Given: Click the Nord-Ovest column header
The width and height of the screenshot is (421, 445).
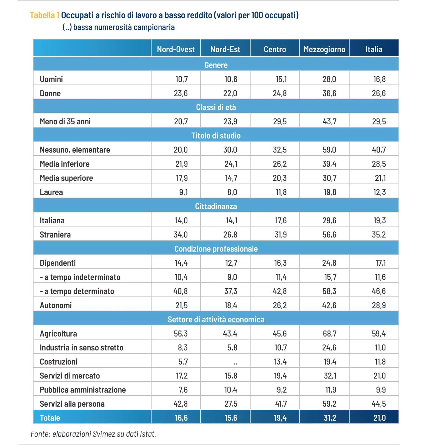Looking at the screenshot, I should click(x=176, y=49).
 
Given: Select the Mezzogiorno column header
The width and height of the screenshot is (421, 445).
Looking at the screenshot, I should click(x=324, y=49).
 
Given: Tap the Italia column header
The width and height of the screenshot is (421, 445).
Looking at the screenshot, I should click(x=374, y=49).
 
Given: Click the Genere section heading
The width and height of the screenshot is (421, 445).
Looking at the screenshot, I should click(x=216, y=65).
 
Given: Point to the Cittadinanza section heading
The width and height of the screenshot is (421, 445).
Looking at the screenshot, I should click(x=216, y=206).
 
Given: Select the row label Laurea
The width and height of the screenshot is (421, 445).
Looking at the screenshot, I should click(x=51, y=192).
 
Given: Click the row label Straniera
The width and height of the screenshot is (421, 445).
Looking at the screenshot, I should click(x=55, y=234).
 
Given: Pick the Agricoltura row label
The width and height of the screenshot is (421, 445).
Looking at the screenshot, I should click(x=58, y=333).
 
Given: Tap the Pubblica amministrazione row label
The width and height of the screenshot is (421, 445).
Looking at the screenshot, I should click(x=83, y=390).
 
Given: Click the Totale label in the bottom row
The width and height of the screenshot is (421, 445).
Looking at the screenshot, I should click(x=50, y=418).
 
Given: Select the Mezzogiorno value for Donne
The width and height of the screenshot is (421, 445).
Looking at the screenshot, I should click(x=329, y=93).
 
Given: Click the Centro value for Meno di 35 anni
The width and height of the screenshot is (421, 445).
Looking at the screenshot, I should click(x=280, y=121).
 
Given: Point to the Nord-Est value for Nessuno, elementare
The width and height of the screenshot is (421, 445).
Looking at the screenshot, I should click(x=230, y=150).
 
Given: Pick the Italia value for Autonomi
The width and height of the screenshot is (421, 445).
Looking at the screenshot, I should click(x=379, y=305).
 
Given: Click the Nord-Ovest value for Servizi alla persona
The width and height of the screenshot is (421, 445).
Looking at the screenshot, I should click(x=181, y=404).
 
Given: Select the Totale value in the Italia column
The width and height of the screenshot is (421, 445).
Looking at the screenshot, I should click(x=379, y=418).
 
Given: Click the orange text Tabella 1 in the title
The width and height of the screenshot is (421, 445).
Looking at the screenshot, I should click(x=44, y=15).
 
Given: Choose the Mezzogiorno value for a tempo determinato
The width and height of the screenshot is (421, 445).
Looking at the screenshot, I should click(x=329, y=291).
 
